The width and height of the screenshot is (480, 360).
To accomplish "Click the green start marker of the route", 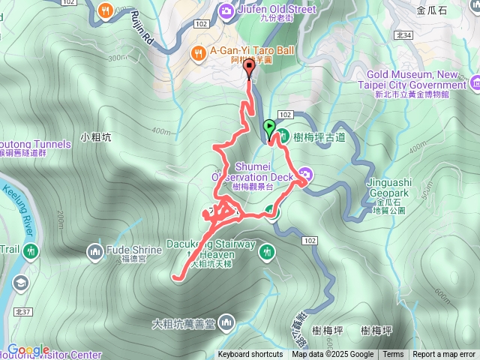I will pyautogui.click(x=269, y=126).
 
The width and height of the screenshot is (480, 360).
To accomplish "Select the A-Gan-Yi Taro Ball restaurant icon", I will pyautogui.click(x=198, y=52).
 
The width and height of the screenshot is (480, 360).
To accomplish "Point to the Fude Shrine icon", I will pyautogui.click(x=95, y=250).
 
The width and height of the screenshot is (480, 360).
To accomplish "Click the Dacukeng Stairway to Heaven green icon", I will pyautogui.click(x=267, y=253).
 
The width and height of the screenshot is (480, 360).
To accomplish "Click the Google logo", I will pyautogui.click(x=28, y=350).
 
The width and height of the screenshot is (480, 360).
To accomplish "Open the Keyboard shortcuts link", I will pyautogui.click(x=250, y=355).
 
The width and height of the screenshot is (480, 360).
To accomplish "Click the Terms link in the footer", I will pyautogui.click(x=393, y=355).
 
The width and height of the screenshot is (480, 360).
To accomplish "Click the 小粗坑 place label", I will pyautogui.click(x=96, y=137).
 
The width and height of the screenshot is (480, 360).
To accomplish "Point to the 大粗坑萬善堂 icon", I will pyautogui.click(x=226, y=323).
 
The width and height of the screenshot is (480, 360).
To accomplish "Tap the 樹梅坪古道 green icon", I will pyautogui.click(x=284, y=136).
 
